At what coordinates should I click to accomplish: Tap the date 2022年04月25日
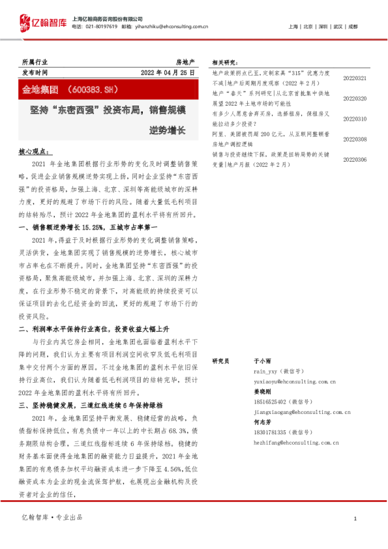(x=168, y=72)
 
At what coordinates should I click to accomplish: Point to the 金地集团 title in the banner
(x=41, y=87)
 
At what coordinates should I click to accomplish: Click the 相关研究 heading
(x=225, y=63)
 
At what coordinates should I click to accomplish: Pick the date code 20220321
(x=355, y=78)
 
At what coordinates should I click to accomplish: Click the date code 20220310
(x=355, y=119)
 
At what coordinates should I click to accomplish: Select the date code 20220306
(x=355, y=159)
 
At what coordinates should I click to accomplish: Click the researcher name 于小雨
(x=261, y=360)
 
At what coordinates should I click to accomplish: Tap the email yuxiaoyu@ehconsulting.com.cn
(x=293, y=382)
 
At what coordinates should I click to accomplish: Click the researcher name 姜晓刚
(x=261, y=393)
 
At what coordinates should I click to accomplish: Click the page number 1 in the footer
(x=355, y=518)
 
